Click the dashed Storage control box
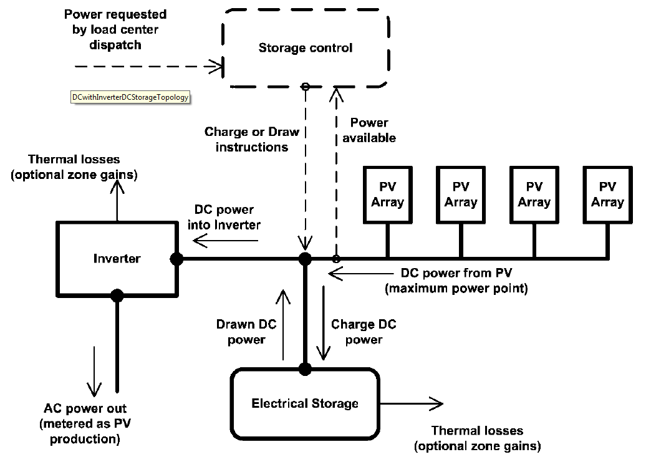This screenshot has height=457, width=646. (x=305, y=48)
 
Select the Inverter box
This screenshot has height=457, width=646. (x=117, y=258)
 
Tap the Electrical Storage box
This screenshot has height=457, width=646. (x=305, y=403)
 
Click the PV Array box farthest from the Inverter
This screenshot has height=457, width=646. (x=607, y=195)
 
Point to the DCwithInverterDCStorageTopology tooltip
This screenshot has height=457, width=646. (x=130, y=97)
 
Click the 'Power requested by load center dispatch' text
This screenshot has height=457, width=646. (x=115, y=30)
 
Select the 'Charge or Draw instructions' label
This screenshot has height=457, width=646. (x=251, y=140)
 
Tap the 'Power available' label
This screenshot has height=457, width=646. (x=369, y=130)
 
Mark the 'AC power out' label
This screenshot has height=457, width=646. (x=85, y=423)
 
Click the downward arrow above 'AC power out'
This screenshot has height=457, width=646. (x=94, y=370)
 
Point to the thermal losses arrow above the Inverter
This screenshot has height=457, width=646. (x=117, y=200)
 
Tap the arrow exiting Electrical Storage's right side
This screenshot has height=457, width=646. (x=412, y=403)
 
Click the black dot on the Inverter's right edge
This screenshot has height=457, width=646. (x=176, y=258)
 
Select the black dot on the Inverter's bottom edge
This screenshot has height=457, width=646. (x=117, y=295)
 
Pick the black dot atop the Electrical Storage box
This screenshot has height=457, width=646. (x=305, y=369)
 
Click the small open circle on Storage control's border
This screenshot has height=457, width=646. (x=305, y=87)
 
